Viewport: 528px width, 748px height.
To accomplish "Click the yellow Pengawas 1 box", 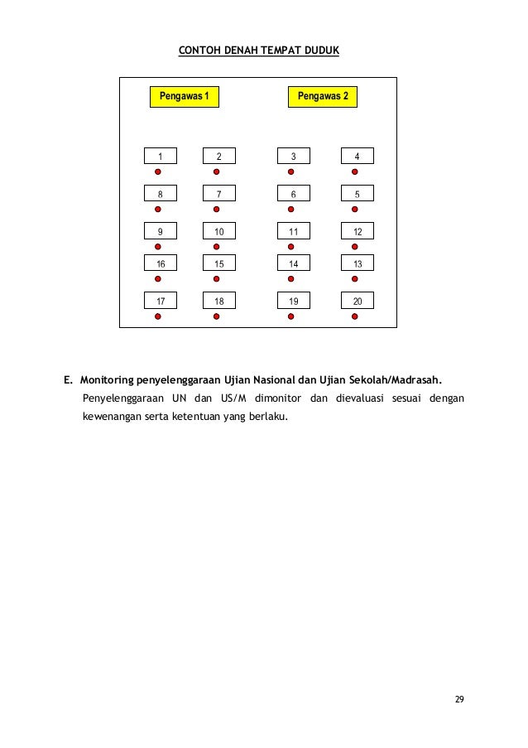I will (x=184, y=97).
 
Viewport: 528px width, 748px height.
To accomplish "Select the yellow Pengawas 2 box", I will (x=322, y=97).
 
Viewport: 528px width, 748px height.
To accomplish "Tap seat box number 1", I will (x=161, y=156).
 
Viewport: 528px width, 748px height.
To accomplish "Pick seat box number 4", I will (x=357, y=156).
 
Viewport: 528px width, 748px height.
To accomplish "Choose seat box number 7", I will (x=218, y=193).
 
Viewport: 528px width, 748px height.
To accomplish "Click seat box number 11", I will (x=293, y=230).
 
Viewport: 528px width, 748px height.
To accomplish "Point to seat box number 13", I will (x=357, y=263).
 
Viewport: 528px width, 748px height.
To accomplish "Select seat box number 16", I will (x=161, y=263).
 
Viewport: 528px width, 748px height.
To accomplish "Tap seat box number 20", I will (x=357, y=301).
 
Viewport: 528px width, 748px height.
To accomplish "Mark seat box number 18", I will (x=218, y=301).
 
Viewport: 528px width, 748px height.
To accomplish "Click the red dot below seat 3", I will (x=290, y=172).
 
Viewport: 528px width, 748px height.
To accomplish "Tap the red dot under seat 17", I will (x=158, y=316).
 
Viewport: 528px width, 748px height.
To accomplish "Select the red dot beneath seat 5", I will (x=354, y=210).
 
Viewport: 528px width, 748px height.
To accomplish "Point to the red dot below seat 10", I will (x=216, y=247).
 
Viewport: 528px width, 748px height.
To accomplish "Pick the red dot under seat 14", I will (x=290, y=279).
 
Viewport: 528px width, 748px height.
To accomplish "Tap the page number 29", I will (x=459, y=700).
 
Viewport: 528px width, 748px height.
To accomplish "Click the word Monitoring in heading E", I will (x=108, y=381).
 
